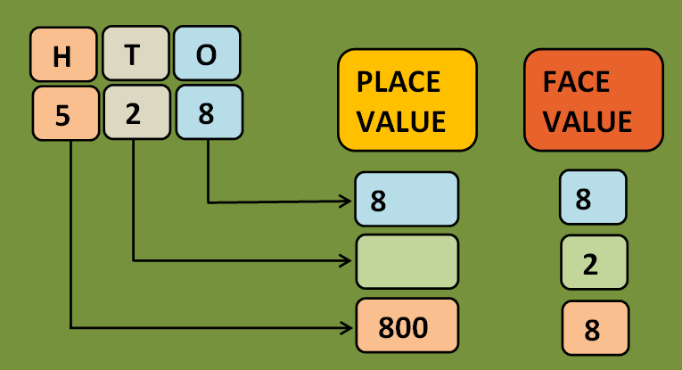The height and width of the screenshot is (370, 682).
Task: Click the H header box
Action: pyautogui.click(x=62, y=54)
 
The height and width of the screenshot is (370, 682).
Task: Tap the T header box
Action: pyautogui.click(x=133, y=54)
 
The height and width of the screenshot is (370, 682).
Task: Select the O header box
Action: pyautogui.click(x=205, y=54)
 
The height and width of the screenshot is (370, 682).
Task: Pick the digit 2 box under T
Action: pyautogui.click(x=133, y=113)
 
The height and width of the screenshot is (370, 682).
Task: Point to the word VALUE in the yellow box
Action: pyautogui.click(x=401, y=120)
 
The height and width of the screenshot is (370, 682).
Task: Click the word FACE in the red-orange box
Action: pyautogui.click(x=576, y=82)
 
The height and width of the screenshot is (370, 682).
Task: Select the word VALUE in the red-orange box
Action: pyautogui.click(x=588, y=120)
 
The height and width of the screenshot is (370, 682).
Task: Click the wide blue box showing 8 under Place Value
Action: pyautogui.click(x=407, y=200)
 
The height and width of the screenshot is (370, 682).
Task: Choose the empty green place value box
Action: pyautogui.click(x=407, y=261)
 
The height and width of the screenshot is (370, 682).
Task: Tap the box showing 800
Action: pyautogui.click(x=407, y=325)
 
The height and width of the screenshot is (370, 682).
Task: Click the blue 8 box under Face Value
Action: pyautogui.click(x=593, y=198)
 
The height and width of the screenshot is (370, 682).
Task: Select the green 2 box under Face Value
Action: pyautogui.click(x=594, y=263)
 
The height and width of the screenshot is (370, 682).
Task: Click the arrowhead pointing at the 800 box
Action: pyautogui.click(x=349, y=327)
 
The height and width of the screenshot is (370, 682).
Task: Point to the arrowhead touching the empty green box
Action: pyautogui.click(x=349, y=260)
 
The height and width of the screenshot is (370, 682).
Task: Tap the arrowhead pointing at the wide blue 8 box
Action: pyautogui.click(x=349, y=201)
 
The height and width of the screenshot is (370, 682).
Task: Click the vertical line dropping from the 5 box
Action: pyautogui.click(x=70, y=232)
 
